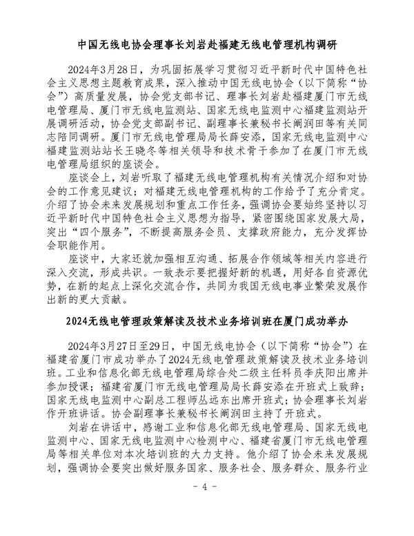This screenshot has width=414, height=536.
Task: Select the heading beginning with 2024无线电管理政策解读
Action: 207,323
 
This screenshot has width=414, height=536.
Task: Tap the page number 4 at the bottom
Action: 206,507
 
